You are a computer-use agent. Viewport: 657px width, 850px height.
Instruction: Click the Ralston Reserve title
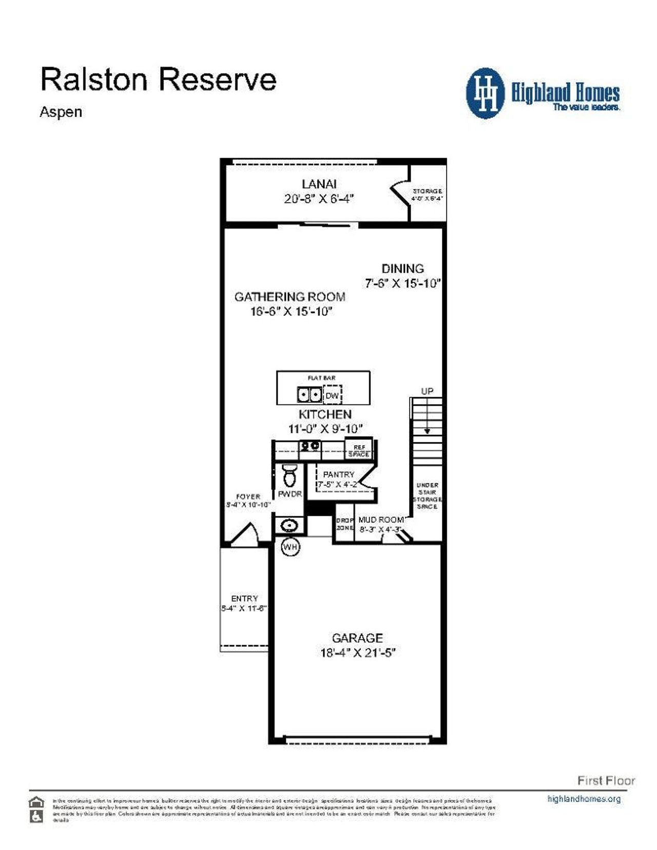click(158, 80)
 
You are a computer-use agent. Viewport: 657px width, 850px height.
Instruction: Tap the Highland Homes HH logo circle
click(485, 93)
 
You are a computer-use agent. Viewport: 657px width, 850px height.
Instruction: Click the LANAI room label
click(319, 184)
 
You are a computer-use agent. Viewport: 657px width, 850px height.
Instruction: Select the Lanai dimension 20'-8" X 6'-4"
click(319, 199)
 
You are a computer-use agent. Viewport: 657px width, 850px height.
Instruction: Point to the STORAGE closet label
click(427, 191)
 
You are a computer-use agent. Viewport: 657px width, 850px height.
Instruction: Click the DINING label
click(402, 268)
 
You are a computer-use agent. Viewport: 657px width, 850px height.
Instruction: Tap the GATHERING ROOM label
click(289, 297)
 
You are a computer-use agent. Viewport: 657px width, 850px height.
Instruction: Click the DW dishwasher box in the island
click(333, 395)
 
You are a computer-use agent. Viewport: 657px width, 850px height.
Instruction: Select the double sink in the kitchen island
click(310, 395)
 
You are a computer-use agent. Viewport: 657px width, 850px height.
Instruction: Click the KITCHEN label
click(325, 414)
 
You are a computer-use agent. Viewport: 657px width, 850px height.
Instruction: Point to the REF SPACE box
click(359, 451)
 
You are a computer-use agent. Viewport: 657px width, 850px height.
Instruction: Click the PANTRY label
click(338, 474)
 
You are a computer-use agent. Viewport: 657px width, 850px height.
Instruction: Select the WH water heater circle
click(291, 547)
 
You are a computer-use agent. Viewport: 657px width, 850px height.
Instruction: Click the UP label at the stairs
click(427, 391)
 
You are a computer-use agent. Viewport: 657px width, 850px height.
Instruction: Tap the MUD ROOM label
click(380, 520)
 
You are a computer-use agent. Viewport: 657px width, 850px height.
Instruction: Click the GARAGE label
click(357, 638)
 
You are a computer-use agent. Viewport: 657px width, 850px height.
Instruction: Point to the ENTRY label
click(244, 598)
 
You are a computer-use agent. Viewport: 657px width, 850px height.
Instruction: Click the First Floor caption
click(606, 781)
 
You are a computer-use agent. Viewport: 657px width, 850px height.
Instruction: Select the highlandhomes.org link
click(584, 799)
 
